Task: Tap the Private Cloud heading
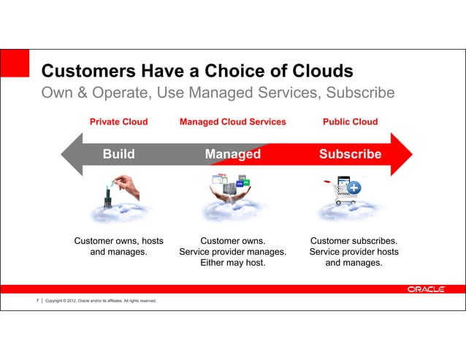(118, 122)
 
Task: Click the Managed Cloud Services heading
(232, 122)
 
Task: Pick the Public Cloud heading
(350, 122)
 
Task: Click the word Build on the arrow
(118, 154)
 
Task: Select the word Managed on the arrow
(232, 154)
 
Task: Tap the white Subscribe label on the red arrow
(350, 154)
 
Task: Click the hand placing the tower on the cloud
(125, 183)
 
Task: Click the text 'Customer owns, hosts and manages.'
(118, 246)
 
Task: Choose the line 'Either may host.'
(232, 264)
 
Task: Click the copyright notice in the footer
(98, 301)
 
